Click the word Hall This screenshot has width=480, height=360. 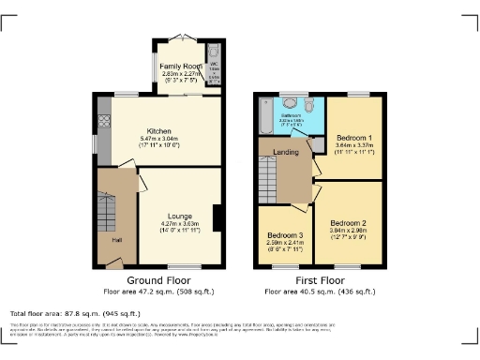pos(116,240)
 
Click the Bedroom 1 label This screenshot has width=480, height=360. pos(355,137)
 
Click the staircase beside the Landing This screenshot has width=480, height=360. pos(270,174)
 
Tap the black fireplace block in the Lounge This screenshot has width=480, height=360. pos(217,217)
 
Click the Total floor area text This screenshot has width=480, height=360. pos(75,313)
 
